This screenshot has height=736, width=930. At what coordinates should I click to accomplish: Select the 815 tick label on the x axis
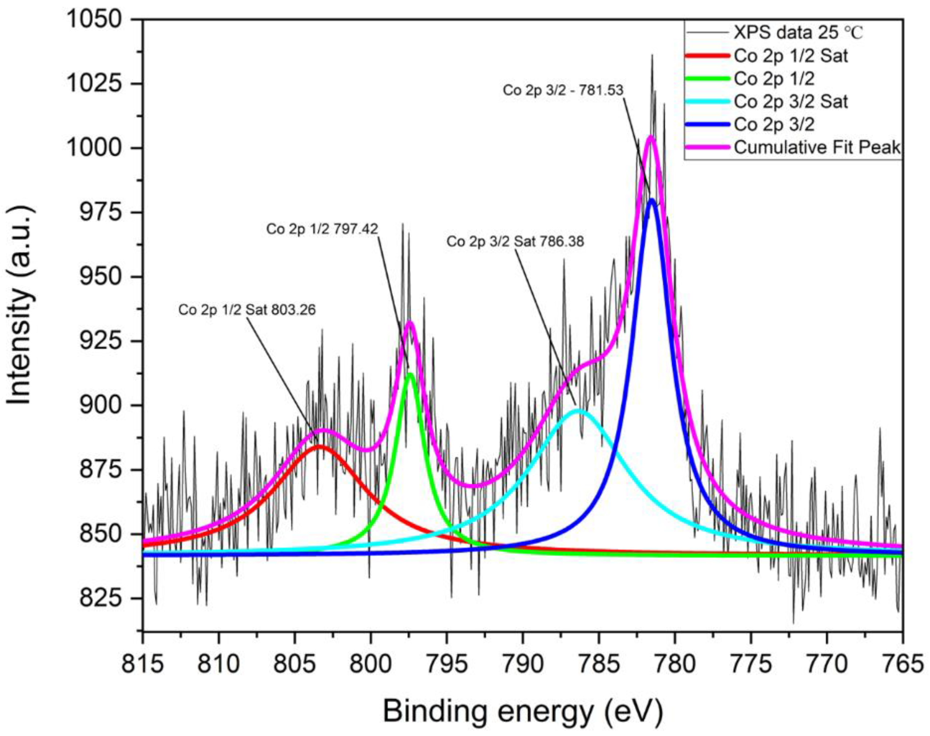click(x=143, y=664)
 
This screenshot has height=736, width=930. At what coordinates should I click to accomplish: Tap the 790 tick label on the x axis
click(x=523, y=664)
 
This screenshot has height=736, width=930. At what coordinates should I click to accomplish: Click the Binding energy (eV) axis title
click(x=522, y=712)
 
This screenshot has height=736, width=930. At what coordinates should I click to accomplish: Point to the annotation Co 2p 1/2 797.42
click(x=322, y=229)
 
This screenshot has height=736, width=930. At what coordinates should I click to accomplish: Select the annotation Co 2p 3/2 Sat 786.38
click(x=515, y=241)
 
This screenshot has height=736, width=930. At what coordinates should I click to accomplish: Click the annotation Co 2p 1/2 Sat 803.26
click(x=247, y=310)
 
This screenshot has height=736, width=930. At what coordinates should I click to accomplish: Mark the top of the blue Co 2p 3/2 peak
click(x=652, y=200)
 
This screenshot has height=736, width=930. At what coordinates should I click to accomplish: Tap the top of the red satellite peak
click(x=319, y=446)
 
